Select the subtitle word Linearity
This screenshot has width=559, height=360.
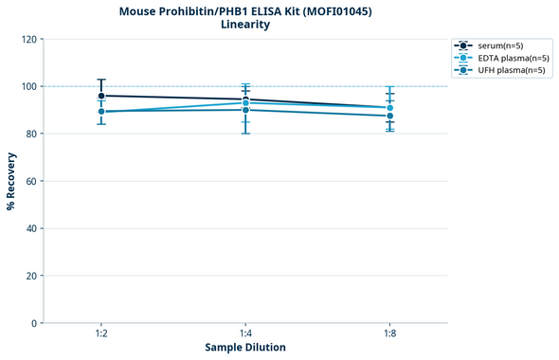tap(244, 25)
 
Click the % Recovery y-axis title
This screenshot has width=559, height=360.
tap(11, 180)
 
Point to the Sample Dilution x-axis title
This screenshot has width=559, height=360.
tap(245, 348)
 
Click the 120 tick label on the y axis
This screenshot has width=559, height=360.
tap(28, 39)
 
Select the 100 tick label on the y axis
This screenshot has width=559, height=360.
tap(28, 86)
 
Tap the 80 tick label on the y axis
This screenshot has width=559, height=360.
tap(31, 134)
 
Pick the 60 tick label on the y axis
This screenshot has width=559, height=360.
tap(31, 181)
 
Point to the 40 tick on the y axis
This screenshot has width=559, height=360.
tap(31, 228)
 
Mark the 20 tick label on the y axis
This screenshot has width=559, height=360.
tap(31, 276)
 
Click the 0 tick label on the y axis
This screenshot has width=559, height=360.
tap(34, 323)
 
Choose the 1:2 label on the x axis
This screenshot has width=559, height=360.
tap(101, 333)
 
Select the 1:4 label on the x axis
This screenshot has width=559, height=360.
tap(245, 333)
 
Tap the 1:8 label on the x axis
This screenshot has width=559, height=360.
tap(389, 333)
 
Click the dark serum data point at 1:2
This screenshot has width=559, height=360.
tap(101, 96)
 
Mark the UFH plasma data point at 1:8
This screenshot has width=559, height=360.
tap(389, 116)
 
